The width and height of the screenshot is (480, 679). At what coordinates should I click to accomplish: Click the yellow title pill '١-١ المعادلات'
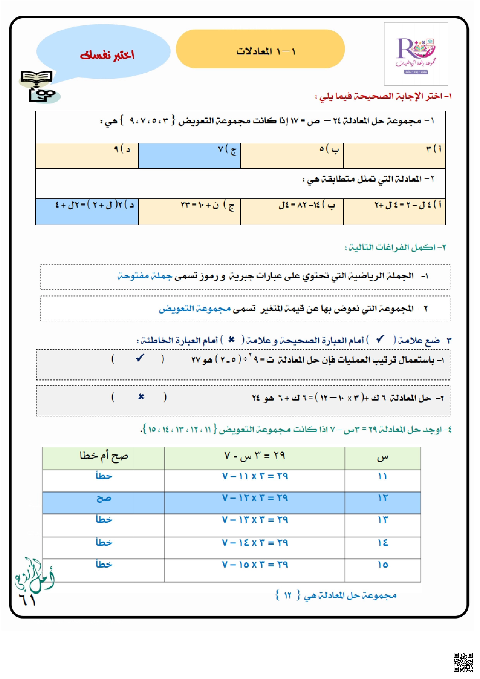[260, 49]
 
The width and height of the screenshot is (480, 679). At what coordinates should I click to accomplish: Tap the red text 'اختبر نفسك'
[107, 55]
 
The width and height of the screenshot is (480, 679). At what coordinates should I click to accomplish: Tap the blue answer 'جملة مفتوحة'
[145, 276]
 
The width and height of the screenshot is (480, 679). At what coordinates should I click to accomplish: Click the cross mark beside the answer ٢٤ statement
[141, 397]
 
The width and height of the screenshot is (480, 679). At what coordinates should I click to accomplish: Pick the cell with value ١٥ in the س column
[382, 565]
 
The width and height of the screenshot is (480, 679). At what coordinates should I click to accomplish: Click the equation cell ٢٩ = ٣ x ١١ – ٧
[255, 477]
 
